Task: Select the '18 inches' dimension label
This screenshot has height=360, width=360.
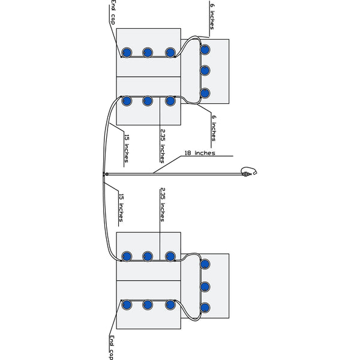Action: point(199,154)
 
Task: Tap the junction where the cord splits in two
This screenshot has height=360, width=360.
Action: point(105,174)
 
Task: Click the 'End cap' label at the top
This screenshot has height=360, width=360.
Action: point(112,13)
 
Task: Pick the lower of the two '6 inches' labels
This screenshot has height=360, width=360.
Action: point(214,130)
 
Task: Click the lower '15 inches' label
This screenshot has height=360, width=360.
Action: point(122,206)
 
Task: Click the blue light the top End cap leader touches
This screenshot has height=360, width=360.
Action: point(127,52)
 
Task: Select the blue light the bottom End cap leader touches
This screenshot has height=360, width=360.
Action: point(127,305)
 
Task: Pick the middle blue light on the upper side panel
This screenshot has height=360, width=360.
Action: point(205,71)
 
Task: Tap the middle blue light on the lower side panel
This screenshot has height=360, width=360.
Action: point(205,285)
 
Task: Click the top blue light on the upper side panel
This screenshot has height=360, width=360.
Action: point(205,49)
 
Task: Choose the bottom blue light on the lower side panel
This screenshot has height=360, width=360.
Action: point(205,307)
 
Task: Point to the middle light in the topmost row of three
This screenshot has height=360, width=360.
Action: point(148,52)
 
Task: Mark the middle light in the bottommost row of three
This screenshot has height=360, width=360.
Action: point(148,305)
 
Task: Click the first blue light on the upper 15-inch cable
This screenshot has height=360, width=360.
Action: point(127,101)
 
